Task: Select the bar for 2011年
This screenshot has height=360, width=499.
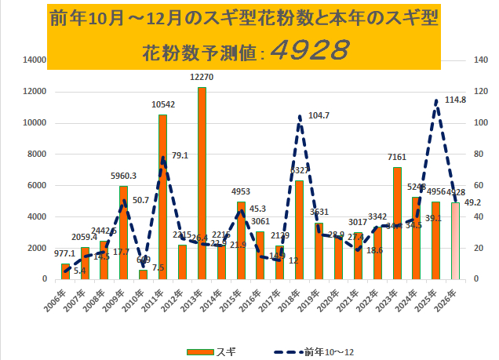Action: [x=163, y=197]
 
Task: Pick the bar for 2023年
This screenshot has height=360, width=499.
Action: [x=397, y=223]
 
